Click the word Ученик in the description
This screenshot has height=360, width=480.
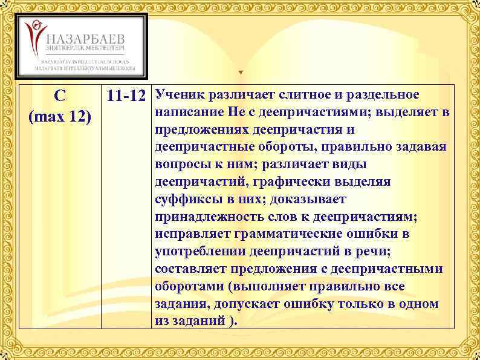pyautogui.click(x=179, y=95)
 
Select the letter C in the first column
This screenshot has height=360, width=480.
pyautogui.click(x=60, y=96)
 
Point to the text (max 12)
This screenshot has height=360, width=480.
pyautogui.click(x=60, y=115)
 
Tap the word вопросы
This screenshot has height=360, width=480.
pyautogui.click(x=179, y=164)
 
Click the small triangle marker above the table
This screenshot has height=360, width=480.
pyautogui.click(x=241, y=73)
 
